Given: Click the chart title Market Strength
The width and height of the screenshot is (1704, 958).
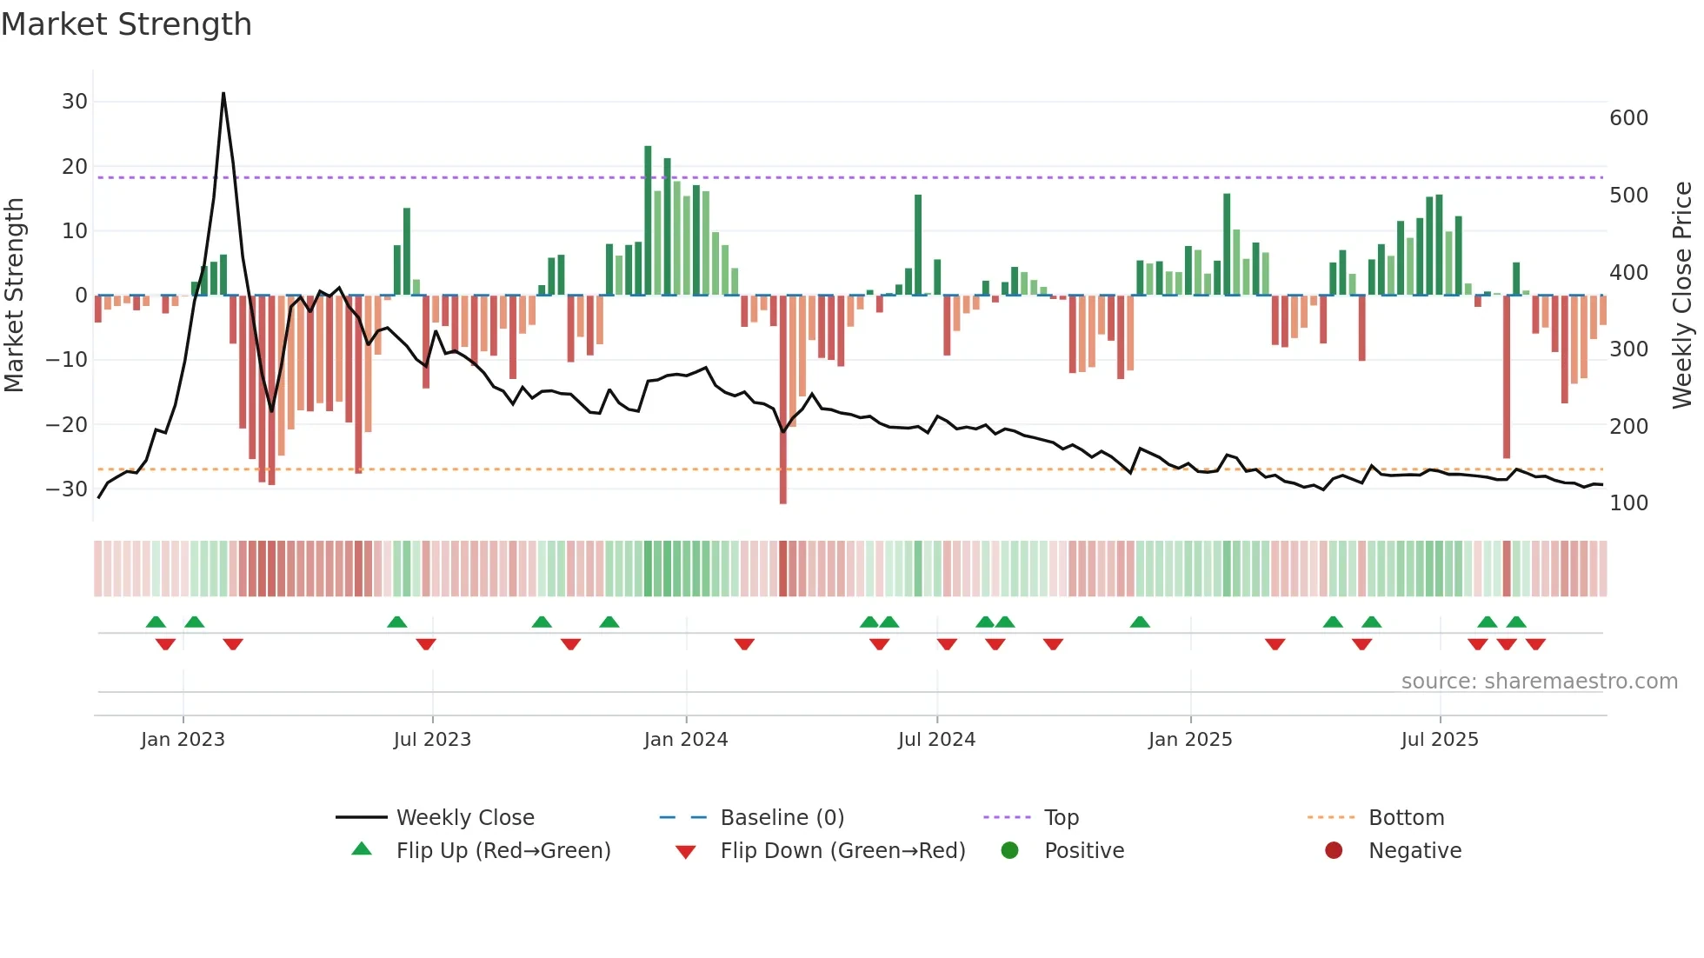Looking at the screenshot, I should pos(126,24).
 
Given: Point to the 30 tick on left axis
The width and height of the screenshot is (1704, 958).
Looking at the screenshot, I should pos(75,102).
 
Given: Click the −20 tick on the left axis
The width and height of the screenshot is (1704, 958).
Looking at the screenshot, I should pos(67,425).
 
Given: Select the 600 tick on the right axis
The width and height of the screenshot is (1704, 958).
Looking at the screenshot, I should pos(1628,118).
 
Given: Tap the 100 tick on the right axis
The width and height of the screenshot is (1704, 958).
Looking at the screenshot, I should pos(1628,503).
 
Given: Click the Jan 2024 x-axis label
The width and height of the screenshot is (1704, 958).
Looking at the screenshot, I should pos(686,740).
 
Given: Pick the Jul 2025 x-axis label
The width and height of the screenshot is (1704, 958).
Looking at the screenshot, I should pos(1440,740).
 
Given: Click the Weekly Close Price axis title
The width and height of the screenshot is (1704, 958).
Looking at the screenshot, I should pos(1682,296).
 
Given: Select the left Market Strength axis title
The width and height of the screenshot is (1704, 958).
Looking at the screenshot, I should pos(15,296).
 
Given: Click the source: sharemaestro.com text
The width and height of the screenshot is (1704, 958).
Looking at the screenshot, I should pos(1539,682).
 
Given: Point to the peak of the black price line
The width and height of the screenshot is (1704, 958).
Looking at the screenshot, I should pos(223,94).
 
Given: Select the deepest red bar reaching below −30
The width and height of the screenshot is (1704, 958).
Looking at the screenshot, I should pos(783,400).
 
